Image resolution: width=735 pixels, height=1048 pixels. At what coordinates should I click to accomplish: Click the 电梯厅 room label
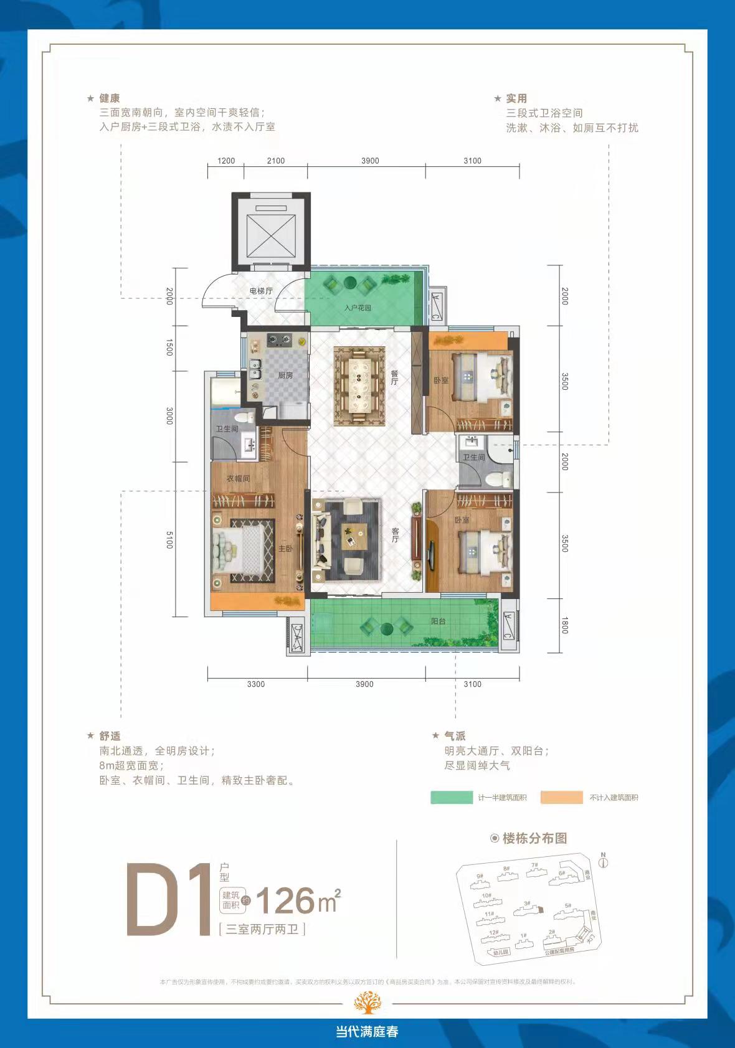(261, 291)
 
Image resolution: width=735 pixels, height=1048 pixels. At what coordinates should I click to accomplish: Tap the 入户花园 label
(358, 308)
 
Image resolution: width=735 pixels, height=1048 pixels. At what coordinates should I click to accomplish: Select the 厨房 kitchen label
(285, 375)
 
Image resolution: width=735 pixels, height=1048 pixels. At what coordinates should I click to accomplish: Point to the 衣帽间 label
(238, 478)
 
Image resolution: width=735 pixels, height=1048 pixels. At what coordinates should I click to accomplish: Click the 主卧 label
(285, 548)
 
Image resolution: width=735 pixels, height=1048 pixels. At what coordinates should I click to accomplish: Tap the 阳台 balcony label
(439, 621)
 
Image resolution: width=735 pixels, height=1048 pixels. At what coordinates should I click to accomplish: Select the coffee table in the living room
(353, 537)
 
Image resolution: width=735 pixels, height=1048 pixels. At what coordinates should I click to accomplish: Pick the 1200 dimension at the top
(226, 161)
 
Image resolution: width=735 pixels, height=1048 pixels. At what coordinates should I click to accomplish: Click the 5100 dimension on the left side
(169, 539)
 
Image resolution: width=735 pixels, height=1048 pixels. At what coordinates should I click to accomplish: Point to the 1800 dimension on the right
(564, 625)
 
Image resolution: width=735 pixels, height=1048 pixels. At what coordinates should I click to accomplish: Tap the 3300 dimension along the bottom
(255, 684)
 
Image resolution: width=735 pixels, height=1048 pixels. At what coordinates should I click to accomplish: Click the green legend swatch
(452, 798)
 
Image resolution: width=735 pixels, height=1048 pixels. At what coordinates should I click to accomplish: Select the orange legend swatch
(561, 798)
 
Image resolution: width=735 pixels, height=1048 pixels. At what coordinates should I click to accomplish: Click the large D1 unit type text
(169, 900)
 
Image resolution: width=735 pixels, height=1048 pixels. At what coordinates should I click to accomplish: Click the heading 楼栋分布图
(534, 838)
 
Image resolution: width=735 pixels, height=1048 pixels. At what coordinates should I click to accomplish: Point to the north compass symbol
(603, 862)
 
